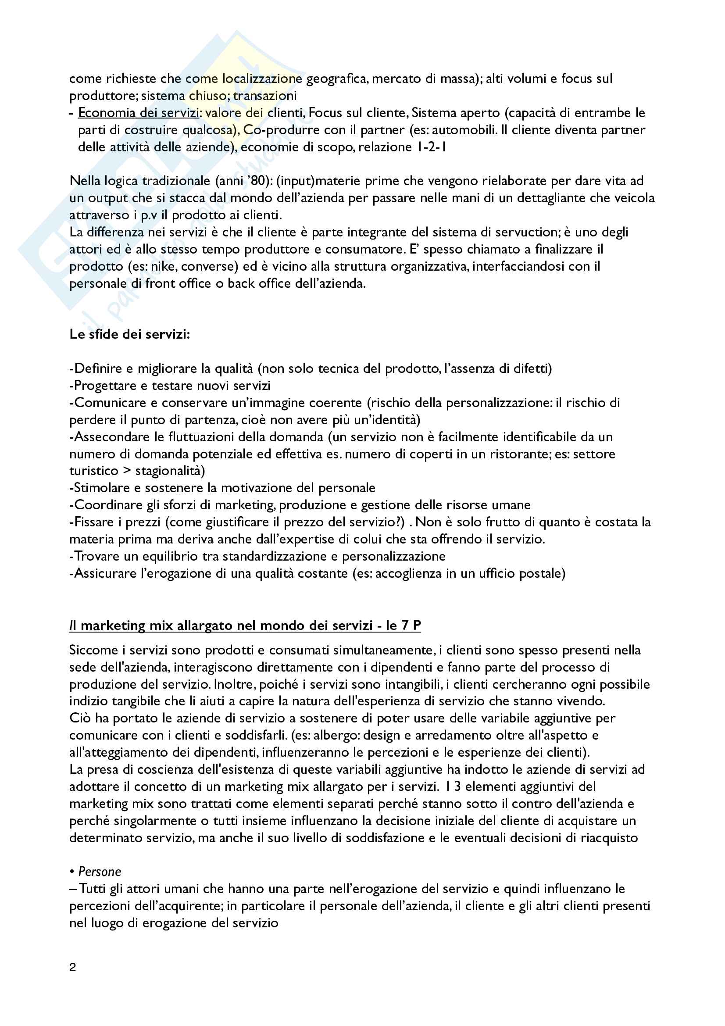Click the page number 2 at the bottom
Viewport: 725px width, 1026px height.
pos(73,968)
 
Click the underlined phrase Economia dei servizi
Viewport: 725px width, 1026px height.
pos(139,113)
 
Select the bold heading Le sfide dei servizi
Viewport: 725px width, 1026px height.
pos(129,334)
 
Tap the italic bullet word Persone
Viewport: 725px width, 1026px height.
pos(100,872)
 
